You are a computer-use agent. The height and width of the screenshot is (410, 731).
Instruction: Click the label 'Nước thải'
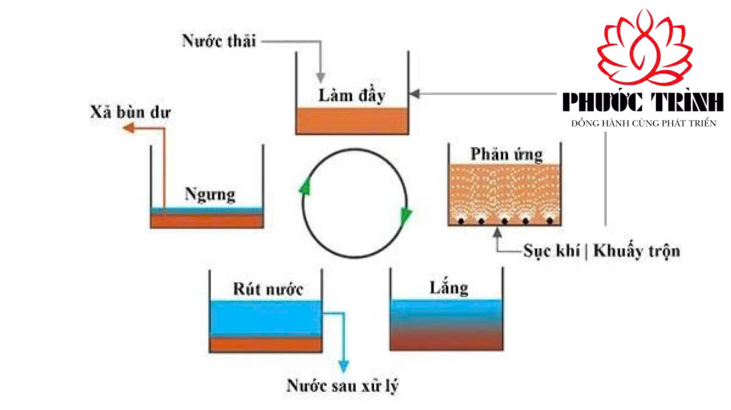pyautogui.click(x=219, y=41)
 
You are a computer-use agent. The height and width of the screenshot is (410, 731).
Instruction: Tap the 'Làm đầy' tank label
pyautogui.click(x=351, y=95)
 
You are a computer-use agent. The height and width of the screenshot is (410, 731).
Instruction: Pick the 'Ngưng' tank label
pyautogui.click(x=209, y=194)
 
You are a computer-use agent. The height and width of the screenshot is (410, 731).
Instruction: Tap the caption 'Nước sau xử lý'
pyautogui.click(x=342, y=385)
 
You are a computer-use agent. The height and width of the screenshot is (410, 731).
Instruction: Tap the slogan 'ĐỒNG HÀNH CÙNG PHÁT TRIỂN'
pyautogui.click(x=644, y=123)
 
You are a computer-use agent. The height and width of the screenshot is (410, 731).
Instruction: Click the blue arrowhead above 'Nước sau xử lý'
pyautogui.click(x=344, y=366)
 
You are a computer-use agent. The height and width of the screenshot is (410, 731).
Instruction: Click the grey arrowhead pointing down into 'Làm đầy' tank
pyautogui.click(x=321, y=78)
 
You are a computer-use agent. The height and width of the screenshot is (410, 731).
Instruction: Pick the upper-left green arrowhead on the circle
pyautogui.click(x=304, y=186)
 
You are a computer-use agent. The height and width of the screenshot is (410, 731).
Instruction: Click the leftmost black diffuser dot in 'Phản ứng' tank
pyautogui.click(x=459, y=221)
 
